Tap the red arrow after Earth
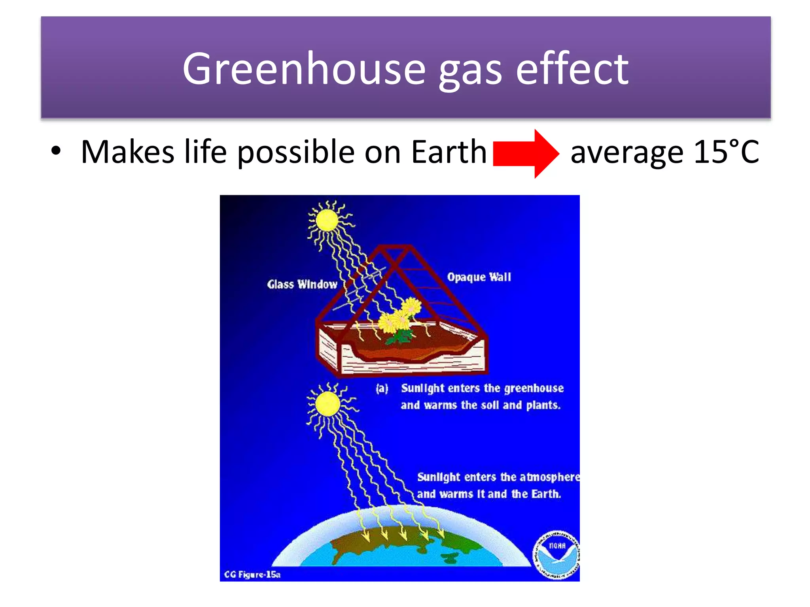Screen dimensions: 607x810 (526, 153)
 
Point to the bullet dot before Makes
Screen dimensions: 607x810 (56, 151)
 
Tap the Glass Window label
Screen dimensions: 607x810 (302, 285)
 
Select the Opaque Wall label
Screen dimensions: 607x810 (479, 277)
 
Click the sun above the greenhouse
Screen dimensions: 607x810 (327, 221)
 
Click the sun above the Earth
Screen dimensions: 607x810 (327, 404)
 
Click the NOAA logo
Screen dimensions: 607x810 (556, 555)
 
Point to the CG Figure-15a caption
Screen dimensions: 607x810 (252, 574)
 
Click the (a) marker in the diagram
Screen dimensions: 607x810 (382, 388)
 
